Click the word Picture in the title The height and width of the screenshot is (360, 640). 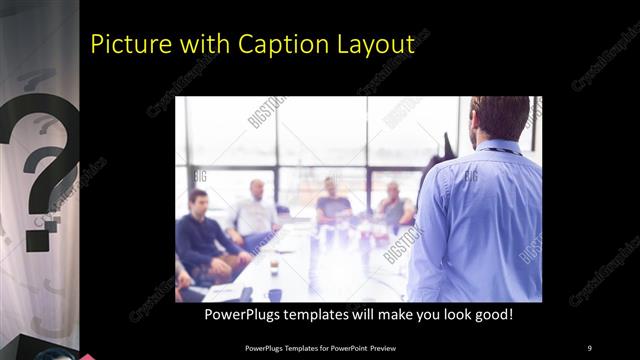pyautogui.click(x=128, y=45)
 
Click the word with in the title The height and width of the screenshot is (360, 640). pyautogui.click(x=201, y=45)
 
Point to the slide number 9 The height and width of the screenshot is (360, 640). pyautogui.click(x=589, y=347)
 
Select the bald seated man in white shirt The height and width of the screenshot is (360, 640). pyautogui.click(x=255, y=210)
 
